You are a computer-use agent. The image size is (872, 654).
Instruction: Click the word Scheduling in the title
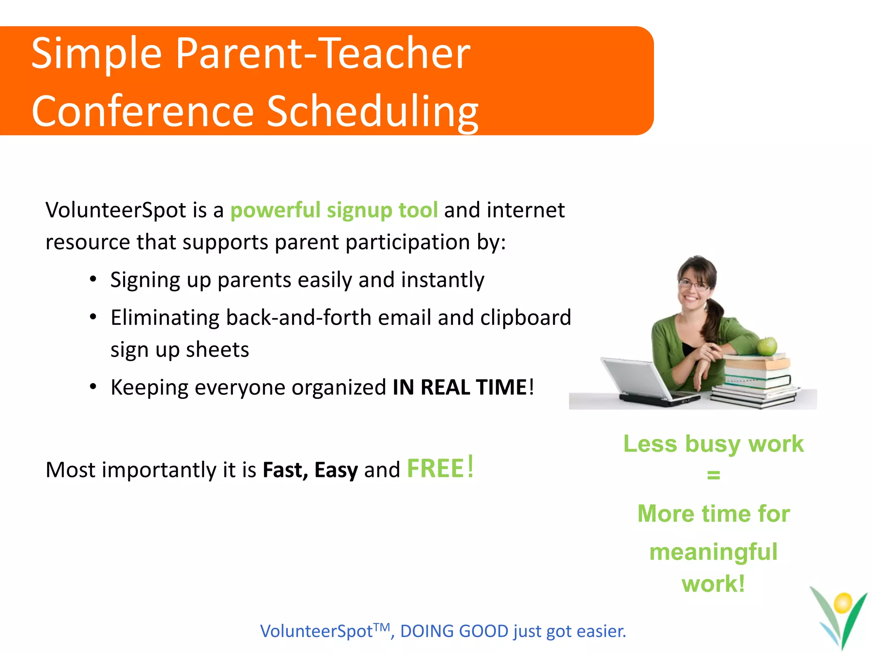point(373,112)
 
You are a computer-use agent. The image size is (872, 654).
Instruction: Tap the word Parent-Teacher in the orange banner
point(323,54)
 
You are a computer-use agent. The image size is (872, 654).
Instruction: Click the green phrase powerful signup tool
point(334,210)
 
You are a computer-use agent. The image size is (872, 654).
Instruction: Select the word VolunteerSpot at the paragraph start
point(116,210)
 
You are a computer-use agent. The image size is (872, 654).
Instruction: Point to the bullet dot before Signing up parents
point(93,279)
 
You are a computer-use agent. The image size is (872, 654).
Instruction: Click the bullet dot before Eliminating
point(93,317)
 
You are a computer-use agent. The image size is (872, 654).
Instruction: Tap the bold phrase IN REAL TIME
point(459,387)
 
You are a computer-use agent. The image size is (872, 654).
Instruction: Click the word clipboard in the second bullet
point(525,318)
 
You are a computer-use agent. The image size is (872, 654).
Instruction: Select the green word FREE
point(435,468)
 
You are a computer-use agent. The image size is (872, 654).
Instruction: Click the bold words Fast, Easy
point(310,470)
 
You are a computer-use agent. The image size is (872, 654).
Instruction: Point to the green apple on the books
point(767,346)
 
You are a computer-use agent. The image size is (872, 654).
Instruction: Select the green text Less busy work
point(714,444)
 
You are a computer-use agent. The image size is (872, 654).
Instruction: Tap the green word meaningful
point(714,552)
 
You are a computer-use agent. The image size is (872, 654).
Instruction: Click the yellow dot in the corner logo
point(842,603)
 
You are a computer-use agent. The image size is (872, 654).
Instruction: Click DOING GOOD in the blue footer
point(454,631)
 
